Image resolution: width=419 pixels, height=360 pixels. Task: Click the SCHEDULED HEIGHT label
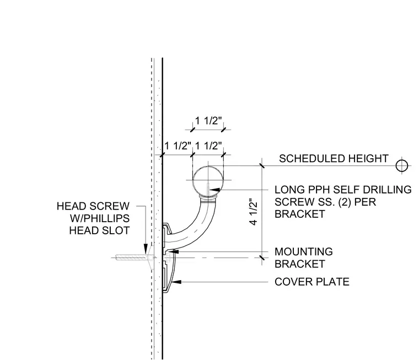click(x=334, y=158)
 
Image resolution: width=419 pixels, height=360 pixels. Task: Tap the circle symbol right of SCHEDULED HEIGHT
click(x=401, y=166)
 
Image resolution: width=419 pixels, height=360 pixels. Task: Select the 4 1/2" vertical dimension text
click(x=253, y=212)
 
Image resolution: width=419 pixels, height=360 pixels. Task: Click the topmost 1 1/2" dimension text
click(x=208, y=121)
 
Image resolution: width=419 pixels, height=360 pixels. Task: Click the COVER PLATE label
click(x=312, y=282)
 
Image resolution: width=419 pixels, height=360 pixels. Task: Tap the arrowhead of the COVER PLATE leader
click(x=176, y=282)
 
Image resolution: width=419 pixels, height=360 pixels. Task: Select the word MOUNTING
click(x=304, y=252)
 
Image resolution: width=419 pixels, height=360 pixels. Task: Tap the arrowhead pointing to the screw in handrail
click(x=215, y=190)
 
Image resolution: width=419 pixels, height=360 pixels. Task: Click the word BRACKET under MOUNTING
click(x=299, y=264)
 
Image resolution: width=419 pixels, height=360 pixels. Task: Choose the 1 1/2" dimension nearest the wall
click(x=178, y=146)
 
